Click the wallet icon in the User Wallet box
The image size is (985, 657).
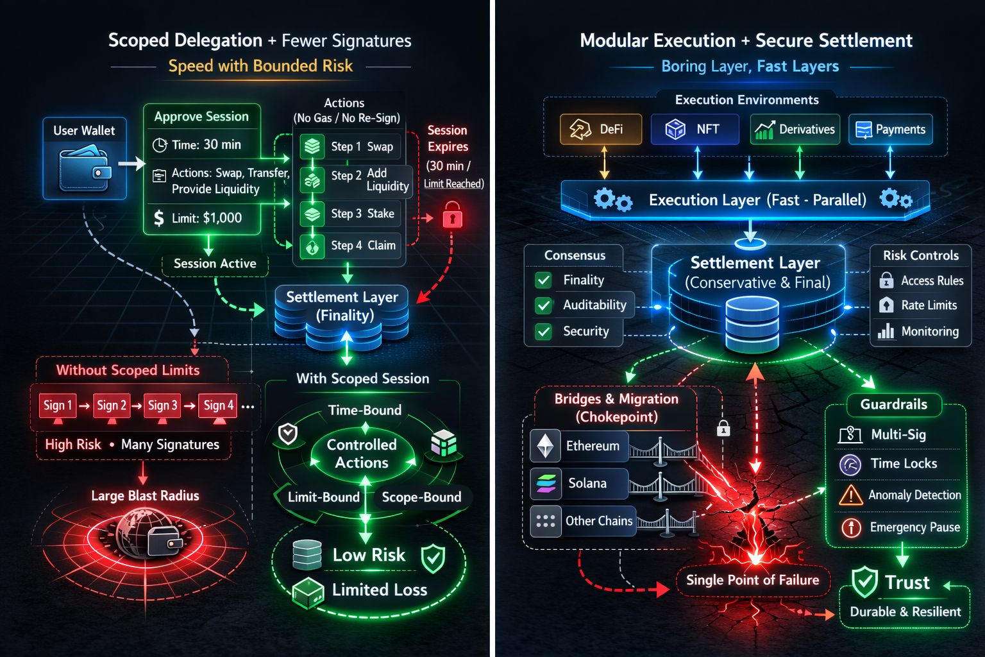[x=84, y=169]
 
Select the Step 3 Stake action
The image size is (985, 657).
[x=350, y=214]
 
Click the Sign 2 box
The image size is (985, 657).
[x=112, y=405]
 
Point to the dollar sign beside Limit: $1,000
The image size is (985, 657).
[x=158, y=218]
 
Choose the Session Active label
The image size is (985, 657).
[x=215, y=264]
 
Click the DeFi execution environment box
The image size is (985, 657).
[x=600, y=130]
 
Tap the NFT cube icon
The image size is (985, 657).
[x=675, y=130]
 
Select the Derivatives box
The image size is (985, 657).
[x=795, y=130]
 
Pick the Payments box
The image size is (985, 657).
[x=890, y=130]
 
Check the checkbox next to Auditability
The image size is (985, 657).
[x=543, y=305]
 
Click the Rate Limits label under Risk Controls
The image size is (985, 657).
[x=929, y=305]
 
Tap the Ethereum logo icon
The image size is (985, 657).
[x=546, y=446]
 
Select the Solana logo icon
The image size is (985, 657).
[x=546, y=483]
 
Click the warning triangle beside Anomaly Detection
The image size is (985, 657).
[x=850, y=495]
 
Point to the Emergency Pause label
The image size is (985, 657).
[x=914, y=527]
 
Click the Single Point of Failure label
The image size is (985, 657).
[x=752, y=580]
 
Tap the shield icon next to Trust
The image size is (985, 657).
[x=864, y=583]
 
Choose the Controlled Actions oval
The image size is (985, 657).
[x=362, y=454]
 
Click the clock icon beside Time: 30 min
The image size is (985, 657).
[x=160, y=145]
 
